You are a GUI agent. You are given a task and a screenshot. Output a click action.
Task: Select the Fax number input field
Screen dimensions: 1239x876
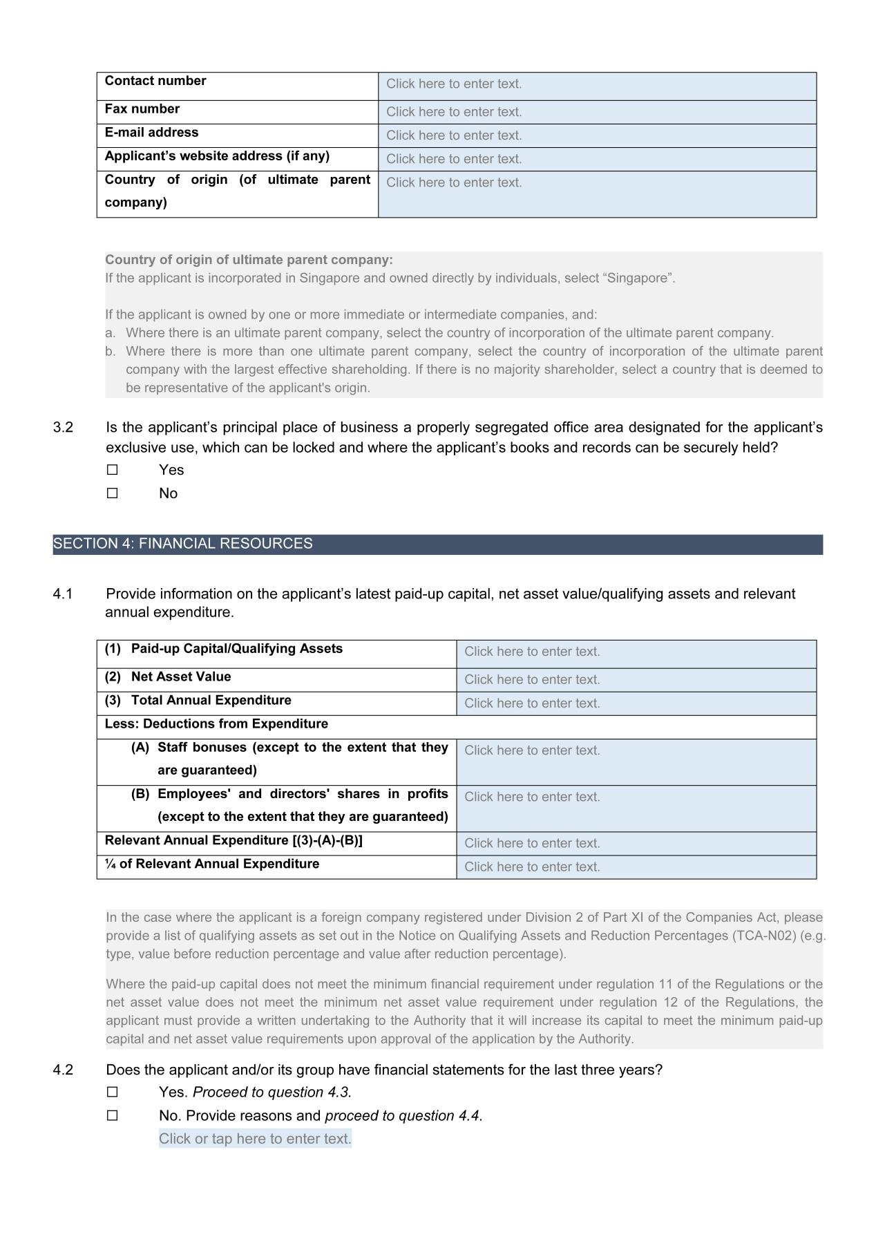(597, 112)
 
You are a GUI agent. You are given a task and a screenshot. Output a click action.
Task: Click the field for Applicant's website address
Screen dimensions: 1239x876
(597, 159)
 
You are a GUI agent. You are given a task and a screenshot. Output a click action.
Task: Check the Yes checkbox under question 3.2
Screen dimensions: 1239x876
(113, 470)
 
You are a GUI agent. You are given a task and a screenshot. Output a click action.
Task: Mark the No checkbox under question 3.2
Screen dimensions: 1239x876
(113, 493)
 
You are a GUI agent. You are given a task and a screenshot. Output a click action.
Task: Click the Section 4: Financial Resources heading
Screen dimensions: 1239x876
(183, 544)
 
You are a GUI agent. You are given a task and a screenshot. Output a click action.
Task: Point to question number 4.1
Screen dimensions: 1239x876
(63, 594)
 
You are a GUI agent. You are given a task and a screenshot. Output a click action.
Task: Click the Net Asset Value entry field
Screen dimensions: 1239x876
(636, 680)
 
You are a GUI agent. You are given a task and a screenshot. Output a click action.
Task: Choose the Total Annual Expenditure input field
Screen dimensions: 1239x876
(636, 703)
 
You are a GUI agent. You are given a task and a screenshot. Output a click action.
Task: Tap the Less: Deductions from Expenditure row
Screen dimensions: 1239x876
(216, 724)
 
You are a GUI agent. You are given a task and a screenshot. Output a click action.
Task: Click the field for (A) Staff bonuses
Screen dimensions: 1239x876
(636, 762)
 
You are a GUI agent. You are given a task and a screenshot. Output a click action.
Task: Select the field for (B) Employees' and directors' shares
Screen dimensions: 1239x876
(636, 808)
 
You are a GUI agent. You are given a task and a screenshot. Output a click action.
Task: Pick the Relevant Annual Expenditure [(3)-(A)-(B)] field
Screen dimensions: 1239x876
(636, 843)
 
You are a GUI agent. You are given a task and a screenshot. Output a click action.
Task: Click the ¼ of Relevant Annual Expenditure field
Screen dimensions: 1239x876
(636, 867)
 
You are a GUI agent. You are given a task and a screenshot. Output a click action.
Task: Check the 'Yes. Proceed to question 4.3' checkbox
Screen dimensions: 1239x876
(113, 1093)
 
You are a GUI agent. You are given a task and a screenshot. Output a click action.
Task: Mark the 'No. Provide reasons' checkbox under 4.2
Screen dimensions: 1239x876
(113, 1116)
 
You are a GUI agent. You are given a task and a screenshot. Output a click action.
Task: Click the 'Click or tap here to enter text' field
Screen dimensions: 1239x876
(255, 1139)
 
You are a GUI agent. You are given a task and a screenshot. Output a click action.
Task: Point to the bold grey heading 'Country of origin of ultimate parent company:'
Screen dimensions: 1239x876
(249, 260)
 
